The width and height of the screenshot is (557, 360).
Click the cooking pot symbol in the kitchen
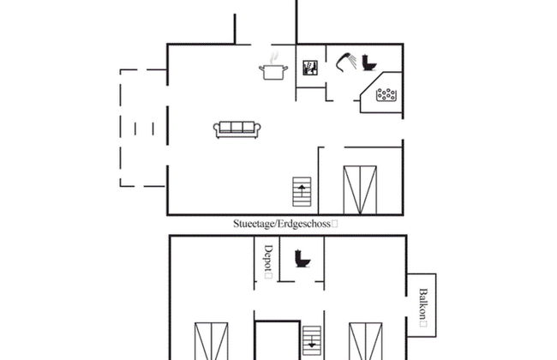[273, 72]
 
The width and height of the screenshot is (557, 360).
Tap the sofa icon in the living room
[237, 129]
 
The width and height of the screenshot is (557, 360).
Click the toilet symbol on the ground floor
[368, 63]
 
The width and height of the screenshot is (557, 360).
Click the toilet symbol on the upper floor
[302, 258]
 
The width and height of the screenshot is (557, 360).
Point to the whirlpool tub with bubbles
[386, 95]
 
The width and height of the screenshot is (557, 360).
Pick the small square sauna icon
[310, 68]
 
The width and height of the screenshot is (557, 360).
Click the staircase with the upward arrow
[302, 192]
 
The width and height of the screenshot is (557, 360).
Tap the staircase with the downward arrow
[312, 340]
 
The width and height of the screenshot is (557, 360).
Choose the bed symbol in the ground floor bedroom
[360, 190]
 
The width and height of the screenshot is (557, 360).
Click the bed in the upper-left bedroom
[212, 341]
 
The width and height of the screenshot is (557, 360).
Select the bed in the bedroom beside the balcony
[366, 341]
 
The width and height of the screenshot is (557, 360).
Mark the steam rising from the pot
[274, 58]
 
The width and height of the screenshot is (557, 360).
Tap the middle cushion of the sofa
[237, 127]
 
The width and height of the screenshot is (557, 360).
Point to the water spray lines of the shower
[351, 60]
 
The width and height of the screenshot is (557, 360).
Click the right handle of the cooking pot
[285, 69]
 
